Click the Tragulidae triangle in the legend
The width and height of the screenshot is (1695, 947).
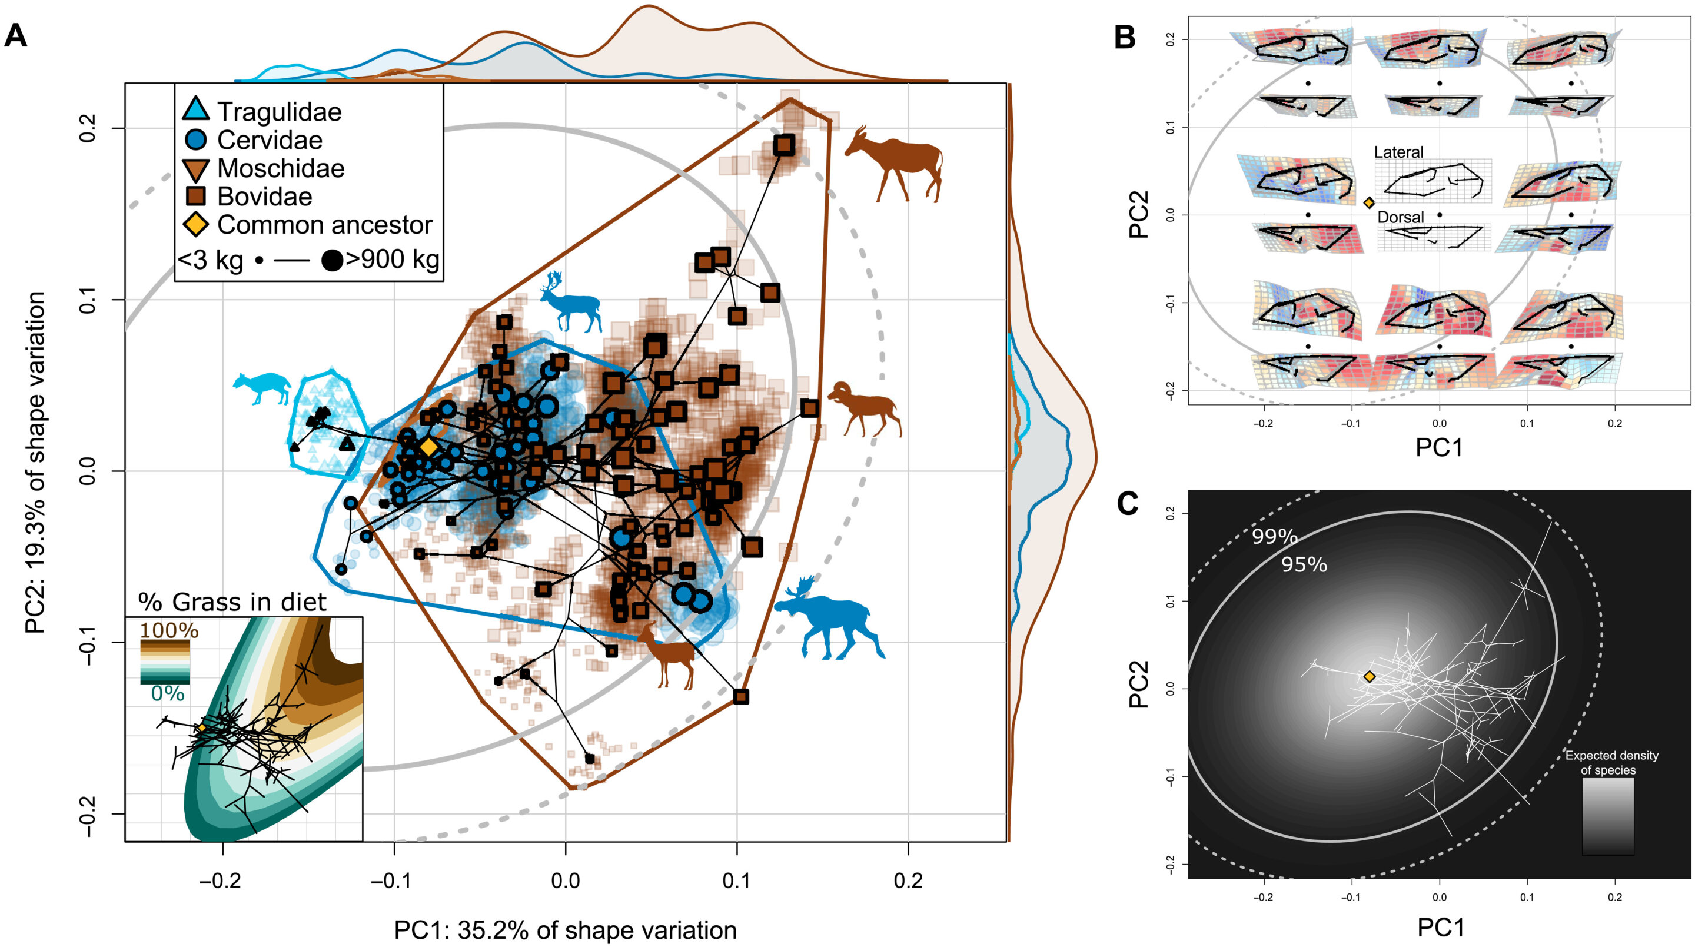pos(196,110)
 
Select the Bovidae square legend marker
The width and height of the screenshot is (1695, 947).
pos(196,196)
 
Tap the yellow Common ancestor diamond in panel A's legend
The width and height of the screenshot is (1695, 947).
pos(196,224)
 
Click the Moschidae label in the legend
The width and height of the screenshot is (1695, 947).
pos(281,168)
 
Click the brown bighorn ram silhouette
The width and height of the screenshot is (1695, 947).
pos(865,408)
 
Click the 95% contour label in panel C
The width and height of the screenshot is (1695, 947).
pos(1304,564)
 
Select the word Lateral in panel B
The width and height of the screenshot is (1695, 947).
pos(1398,152)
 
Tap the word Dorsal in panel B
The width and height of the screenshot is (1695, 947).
pos(1400,217)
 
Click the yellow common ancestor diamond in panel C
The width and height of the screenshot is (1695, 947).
pos(1370,676)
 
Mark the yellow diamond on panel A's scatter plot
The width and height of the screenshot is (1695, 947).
pos(428,447)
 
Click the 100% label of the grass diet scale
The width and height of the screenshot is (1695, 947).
pos(169,630)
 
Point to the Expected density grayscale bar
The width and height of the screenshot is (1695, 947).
pos(1607,816)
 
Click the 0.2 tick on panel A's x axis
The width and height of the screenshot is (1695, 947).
pos(908,880)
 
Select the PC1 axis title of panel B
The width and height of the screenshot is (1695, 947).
pos(1439,447)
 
